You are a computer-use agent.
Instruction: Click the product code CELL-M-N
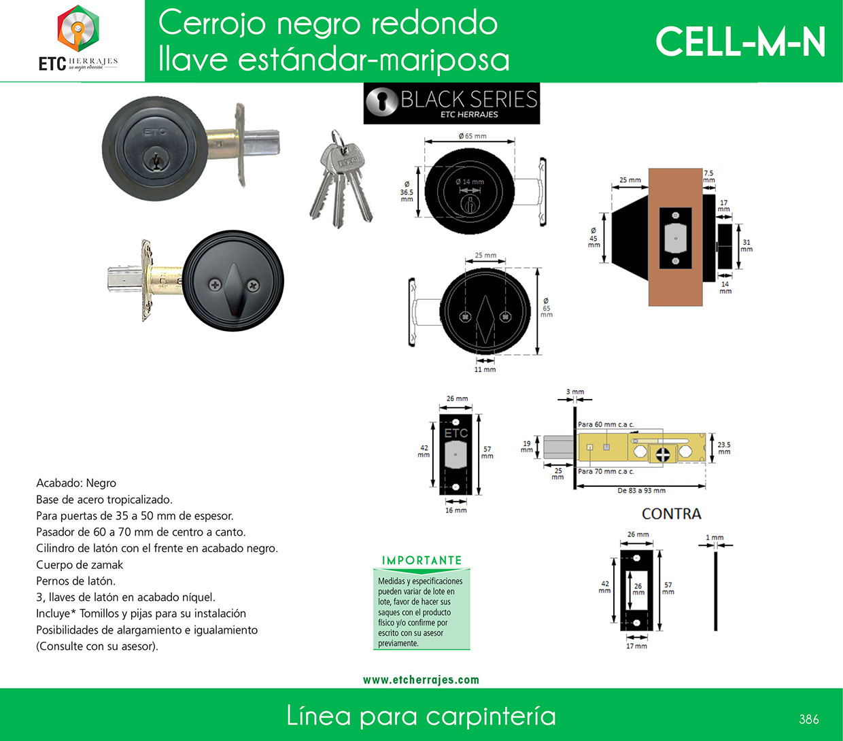tap(740, 42)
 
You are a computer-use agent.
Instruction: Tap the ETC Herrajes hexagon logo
tap(78, 29)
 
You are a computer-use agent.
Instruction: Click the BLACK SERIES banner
tap(451, 103)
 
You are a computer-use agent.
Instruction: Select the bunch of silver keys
tap(341, 179)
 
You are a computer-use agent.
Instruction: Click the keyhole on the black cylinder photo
tap(155, 160)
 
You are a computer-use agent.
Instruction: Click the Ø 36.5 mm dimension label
tap(407, 192)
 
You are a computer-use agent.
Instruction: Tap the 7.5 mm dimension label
tap(708, 176)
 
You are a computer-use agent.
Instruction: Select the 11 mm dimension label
tap(485, 369)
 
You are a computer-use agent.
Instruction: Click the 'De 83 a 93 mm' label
tap(641, 491)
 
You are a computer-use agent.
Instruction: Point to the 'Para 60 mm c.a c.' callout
tap(606, 424)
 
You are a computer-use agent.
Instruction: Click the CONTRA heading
tap(671, 514)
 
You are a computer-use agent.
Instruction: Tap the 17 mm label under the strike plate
tap(636, 646)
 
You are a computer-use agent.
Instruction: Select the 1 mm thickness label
tap(715, 538)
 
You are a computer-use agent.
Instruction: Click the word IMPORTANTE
tap(422, 560)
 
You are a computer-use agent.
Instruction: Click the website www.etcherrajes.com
tap(421, 680)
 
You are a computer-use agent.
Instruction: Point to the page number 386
tap(809, 719)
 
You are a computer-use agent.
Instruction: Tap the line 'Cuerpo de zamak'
tap(80, 565)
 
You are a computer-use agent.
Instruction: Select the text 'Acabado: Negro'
tap(76, 483)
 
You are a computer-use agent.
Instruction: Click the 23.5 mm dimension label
tap(724, 448)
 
